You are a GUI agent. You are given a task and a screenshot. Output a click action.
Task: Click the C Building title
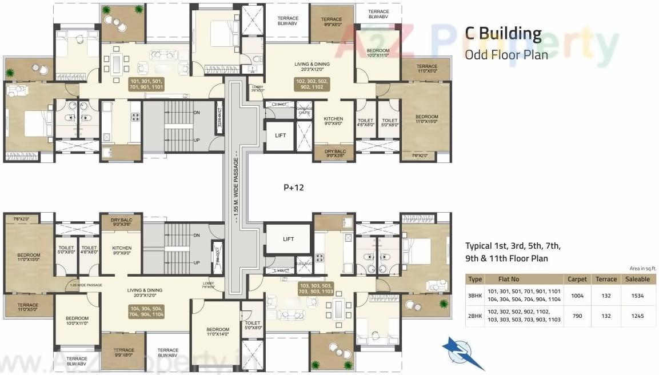[x=502, y=34]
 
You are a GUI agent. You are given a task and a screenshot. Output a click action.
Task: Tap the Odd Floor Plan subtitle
[x=506, y=55]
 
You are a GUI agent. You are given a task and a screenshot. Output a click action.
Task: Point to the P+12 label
[x=295, y=187]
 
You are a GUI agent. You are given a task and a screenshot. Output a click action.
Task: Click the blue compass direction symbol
[x=463, y=353]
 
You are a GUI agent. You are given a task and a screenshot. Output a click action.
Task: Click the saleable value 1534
[x=637, y=296]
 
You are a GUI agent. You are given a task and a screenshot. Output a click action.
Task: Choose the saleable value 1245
[x=637, y=316]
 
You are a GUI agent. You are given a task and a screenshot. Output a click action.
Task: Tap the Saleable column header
[x=637, y=279]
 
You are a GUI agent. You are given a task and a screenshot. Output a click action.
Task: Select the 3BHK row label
[x=475, y=296]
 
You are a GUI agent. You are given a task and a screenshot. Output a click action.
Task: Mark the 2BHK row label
[x=475, y=316]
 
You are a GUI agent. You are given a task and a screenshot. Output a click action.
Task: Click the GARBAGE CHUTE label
[x=304, y=110]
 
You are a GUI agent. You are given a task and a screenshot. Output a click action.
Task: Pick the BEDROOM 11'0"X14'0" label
[x=218, y=332]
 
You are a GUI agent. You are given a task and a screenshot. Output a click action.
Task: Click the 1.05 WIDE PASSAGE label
[x=86, y=285]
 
